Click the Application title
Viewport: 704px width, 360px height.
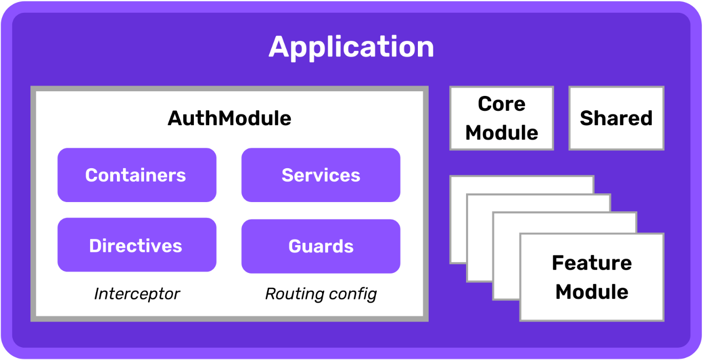point(351,47)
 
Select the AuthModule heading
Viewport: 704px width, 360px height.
point(229,118)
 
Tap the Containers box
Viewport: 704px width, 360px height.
point(136,175)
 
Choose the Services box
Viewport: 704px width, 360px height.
point(320,175)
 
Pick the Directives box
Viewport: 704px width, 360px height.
point(136,245)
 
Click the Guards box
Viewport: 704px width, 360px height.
point(320,246)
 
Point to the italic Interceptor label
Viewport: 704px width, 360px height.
point(137,294)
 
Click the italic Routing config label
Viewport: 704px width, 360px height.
point(320,294)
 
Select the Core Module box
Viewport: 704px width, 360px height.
point(501,118)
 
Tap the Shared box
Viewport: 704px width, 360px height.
point(616,118)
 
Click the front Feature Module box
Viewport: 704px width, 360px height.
point(592,277)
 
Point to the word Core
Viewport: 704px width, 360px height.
point(501,104)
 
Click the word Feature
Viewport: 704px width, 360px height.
point(592,263)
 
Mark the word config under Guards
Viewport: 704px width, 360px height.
point(353,294)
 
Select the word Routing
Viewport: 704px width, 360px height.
point(295,294)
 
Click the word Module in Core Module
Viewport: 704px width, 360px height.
point(501,133)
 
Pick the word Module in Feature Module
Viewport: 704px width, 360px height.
point(592,292)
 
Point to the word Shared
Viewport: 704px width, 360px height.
point(616,118)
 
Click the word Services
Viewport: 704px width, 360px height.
point(320,175)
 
